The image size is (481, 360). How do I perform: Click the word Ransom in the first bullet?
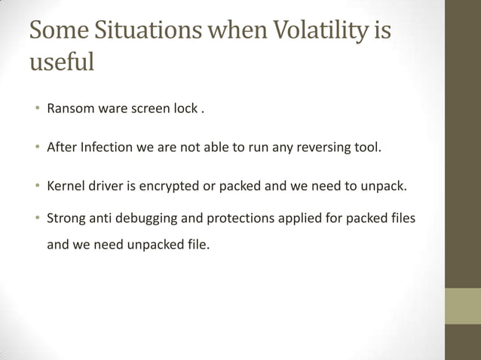pos(69,108)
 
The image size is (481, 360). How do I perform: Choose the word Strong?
pos(66,218)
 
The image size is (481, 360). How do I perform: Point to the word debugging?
pos(161,218)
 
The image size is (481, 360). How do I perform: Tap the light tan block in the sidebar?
pos(462,306)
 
